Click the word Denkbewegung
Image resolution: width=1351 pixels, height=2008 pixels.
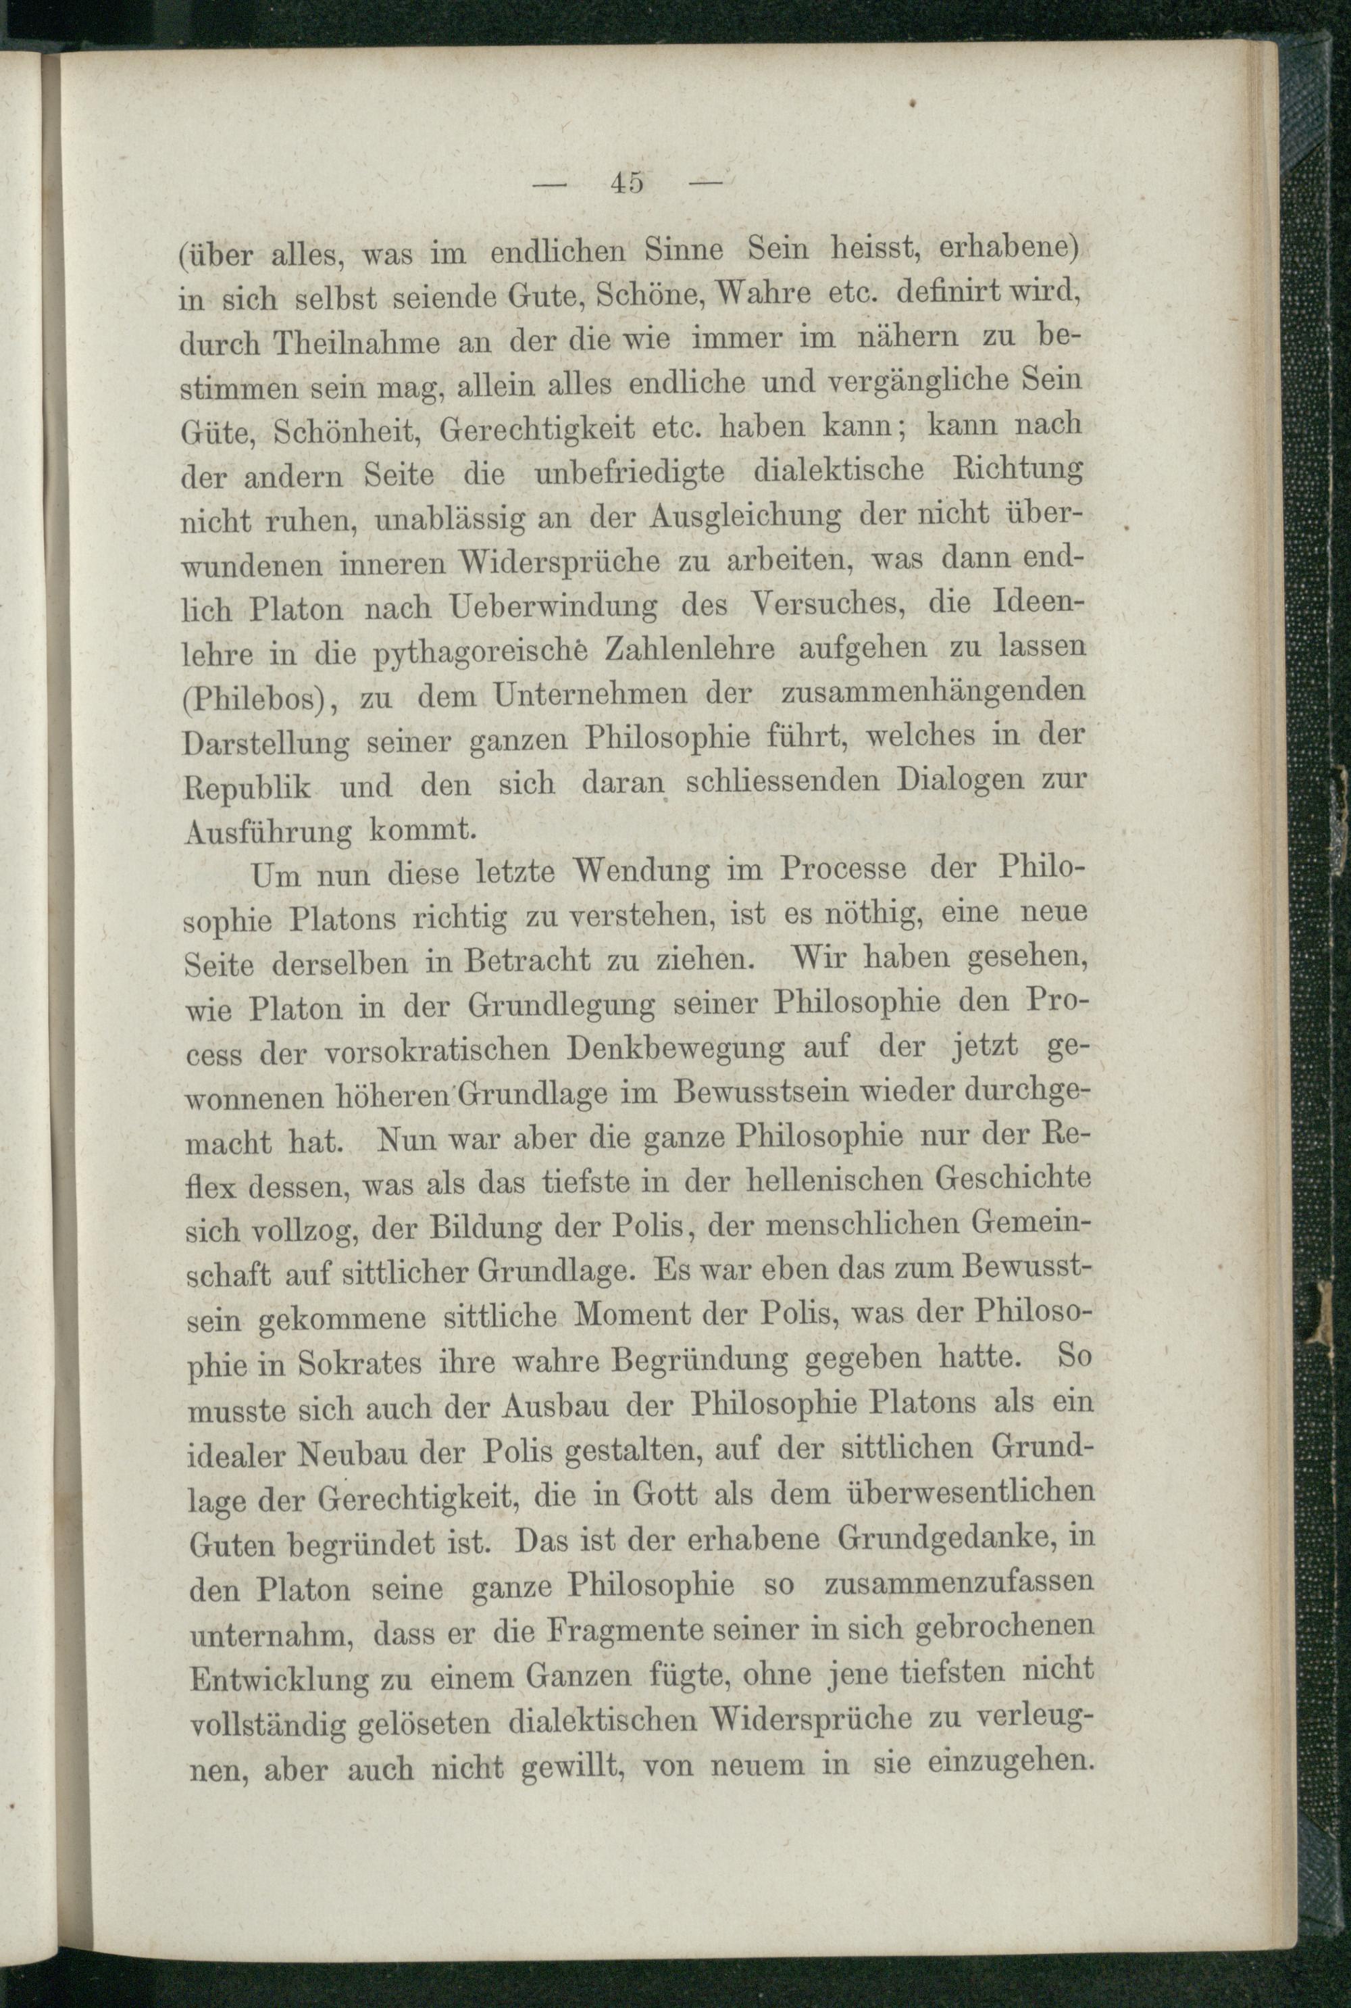pos(678,1049)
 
